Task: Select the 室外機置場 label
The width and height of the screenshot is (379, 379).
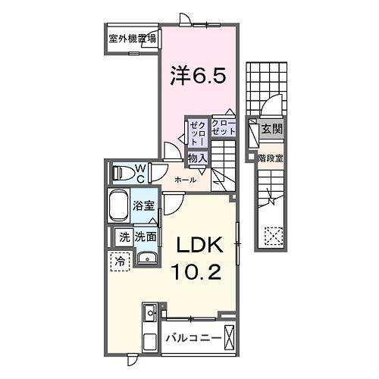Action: coord(133,38)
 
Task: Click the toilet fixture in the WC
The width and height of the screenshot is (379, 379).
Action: coord(122,172)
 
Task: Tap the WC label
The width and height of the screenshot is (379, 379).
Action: coord(141,172)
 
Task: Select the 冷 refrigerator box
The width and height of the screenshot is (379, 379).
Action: coord(120,262)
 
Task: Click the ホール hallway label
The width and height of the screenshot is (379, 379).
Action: coord(185,180)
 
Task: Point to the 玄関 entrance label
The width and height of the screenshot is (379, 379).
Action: coord(271,130)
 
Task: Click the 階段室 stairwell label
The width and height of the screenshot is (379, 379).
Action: coord(270,158)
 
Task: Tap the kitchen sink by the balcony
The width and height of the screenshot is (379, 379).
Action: coord(149,314)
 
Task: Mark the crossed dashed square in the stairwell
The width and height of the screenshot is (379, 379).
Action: coord(271,236)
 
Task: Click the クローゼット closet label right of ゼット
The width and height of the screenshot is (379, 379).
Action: coord(223,127)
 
